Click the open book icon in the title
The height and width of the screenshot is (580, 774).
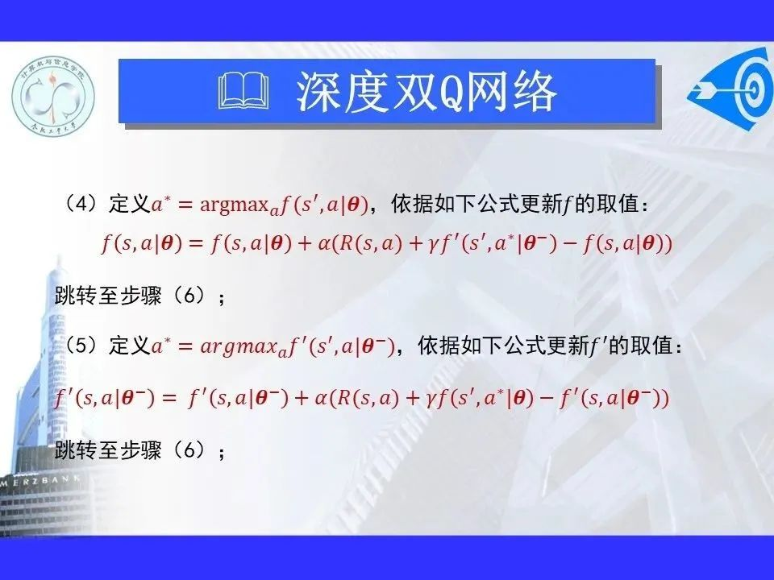tap(243, 91)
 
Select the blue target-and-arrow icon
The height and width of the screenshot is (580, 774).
tap(731, 89)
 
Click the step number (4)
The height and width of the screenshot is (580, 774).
tap(81, 203)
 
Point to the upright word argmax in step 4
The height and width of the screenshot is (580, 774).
tap(234, 205)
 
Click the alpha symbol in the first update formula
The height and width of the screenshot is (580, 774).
tap(324, 243)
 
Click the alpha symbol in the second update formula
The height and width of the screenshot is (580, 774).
tap(320, 398)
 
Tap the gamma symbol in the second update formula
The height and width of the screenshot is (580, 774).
tap(430, 400)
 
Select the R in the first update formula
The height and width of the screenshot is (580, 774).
tap(347, 243)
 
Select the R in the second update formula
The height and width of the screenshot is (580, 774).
tap(343, 397)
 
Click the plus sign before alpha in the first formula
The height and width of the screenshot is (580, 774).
tap(305, 243)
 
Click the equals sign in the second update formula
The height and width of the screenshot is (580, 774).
tap(169, 398)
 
